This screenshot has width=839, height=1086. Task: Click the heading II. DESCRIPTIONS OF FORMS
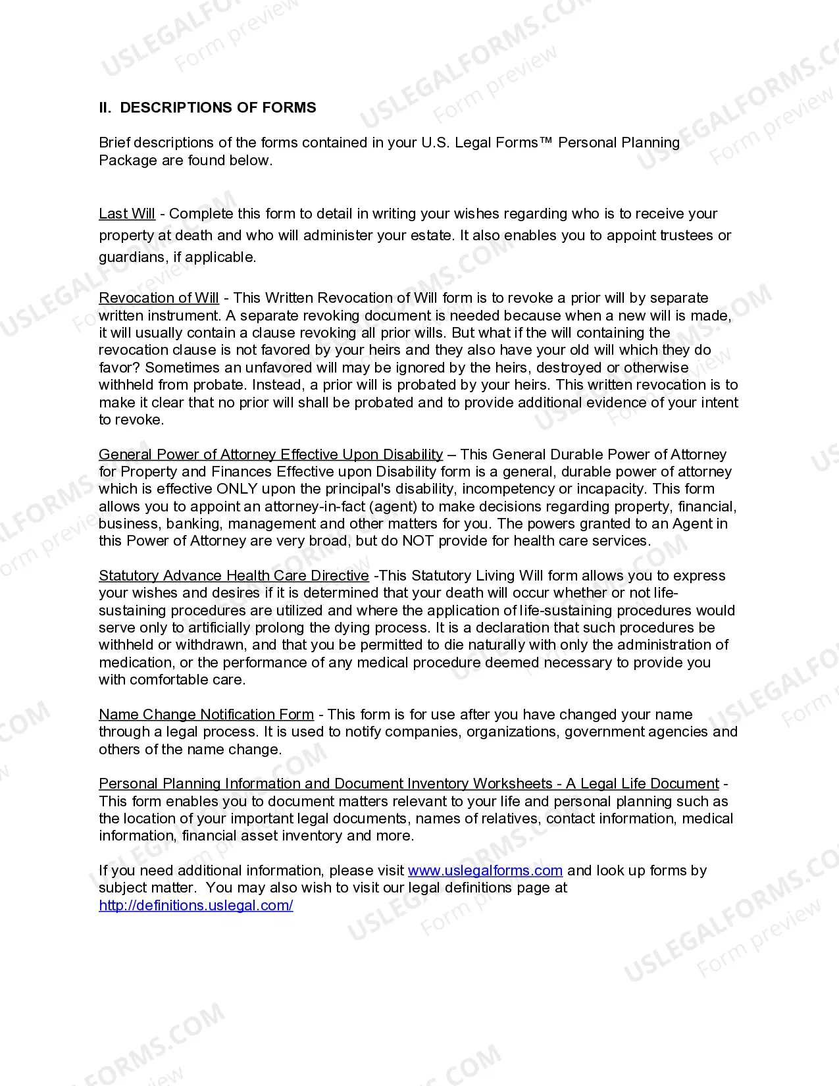tap(207, 107)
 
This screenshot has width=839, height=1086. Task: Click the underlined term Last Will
tap(127, 214)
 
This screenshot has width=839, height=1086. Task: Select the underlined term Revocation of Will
tap(159, 298)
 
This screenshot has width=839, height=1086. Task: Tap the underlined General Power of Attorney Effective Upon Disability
tap(270, 454)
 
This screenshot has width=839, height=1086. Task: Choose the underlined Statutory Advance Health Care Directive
tap(234, 575)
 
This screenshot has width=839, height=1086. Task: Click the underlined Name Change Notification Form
tap(206, 715)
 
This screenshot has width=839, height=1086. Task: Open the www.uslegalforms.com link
tap(485, 871)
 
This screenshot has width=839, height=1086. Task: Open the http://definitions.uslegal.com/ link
tap(196, 906)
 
